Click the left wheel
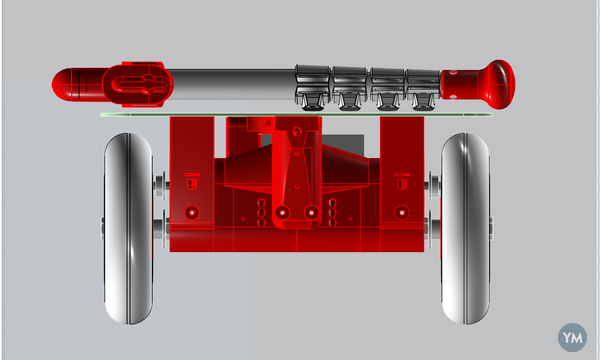click(129, 228)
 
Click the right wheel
click(465, 228)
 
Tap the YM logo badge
click(572, 337)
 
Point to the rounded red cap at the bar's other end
click(62, 85)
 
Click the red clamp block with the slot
click(139, 84)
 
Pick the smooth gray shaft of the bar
click(233, 84)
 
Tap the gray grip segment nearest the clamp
click(312, 86)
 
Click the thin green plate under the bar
click(297, 114)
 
